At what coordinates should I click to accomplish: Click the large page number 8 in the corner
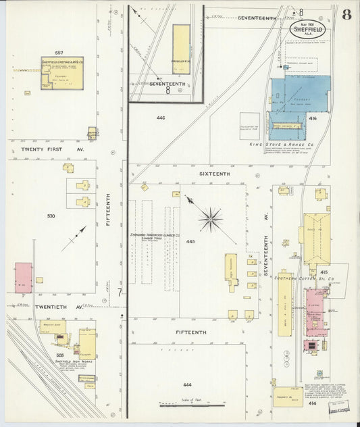pyautogui.click(x=346, y=15)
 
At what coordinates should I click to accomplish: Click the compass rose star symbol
pyautogui.click(x=211, y=219)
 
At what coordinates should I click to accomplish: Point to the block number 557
pyautogui.click(x=59, y=52)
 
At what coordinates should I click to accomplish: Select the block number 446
pyautogui.click(x=161, y=118)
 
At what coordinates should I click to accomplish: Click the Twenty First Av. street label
pyautogui.click(x=52, y=149)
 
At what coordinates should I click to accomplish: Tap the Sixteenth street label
pyautogui.click(x=214, y=174)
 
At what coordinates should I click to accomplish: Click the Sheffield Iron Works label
pyautogui.click(x=57, y=362)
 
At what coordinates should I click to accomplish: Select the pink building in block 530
pyautogui.click(x=23, y=278)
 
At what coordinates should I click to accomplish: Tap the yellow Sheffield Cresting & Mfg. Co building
pyautogui.click(x=62, y=73)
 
